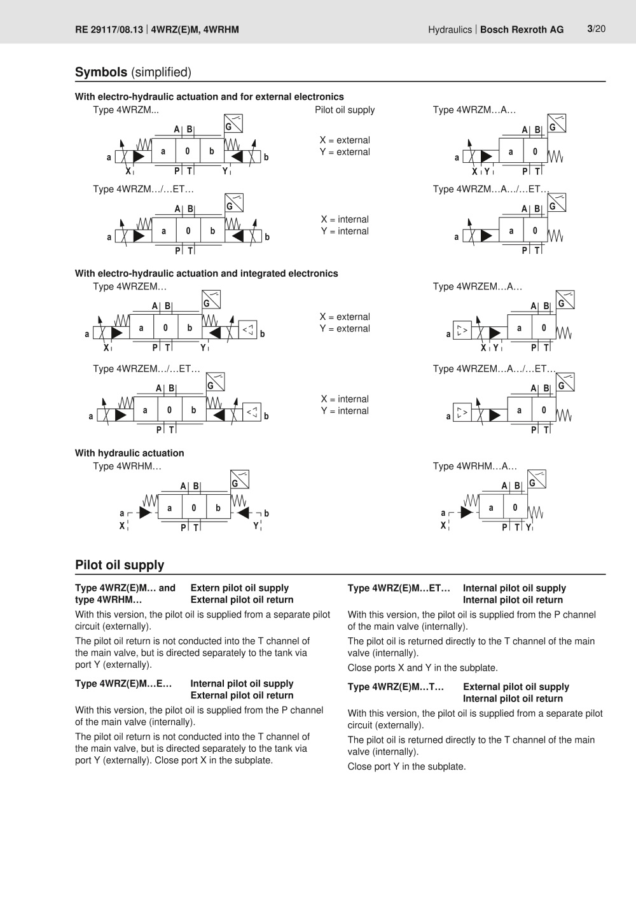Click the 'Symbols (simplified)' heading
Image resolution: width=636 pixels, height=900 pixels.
pyautogui.click(x=133, y=73)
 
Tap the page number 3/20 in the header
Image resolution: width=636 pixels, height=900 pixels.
pyautogui.click(x=596, y=29)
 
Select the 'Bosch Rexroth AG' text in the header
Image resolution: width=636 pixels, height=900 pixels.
pyautogui.click(x=522, y=29)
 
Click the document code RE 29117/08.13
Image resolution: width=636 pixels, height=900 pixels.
pyautogui.click(x=109, y=29)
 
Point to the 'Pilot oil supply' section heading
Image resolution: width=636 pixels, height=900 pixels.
pyautogui.click(x=120, y=565)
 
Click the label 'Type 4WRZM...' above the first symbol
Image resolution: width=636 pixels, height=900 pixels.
pyautogui.click(x=126, y=110)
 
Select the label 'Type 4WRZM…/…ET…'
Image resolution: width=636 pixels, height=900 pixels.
pyautogui.click(x=143, y=189)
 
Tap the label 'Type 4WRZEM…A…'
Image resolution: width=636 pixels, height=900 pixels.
pyautogui.click(x=477, y=287)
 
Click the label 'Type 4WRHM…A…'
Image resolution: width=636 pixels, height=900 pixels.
pyautogui.click(x=474, y=466)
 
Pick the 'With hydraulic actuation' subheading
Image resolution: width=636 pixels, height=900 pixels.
pyautogui.click(x=129, y=453)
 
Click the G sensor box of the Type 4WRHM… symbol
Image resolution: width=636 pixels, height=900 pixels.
pyautogui.click(x=239, y=480)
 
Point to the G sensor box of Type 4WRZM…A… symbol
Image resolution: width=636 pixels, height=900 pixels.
pyautogui.click(x=556, y=124)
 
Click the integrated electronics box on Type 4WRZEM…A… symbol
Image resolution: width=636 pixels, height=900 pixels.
pyautogui.click(x=462, y=331)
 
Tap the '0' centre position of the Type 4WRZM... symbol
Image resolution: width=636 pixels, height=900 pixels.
pyautogui.click(x=188, y=151)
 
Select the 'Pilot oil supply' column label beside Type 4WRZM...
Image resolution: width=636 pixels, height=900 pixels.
pyautogui.click(x=345, y=110)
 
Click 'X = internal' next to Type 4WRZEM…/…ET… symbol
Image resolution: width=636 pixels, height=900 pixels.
pyautogui.click(x=345, y=399)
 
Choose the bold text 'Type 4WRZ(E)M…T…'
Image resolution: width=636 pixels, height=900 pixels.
pyautogui.click(x=396, y=687)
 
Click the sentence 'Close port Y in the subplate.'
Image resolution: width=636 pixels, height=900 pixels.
pyautogui.click(x=406, y=766)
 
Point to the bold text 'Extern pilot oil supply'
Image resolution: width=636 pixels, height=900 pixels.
pyautogui.click(x=239, y=588)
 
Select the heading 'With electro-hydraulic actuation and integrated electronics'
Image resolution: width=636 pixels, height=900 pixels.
pyautogui.click(x=206, y=273)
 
